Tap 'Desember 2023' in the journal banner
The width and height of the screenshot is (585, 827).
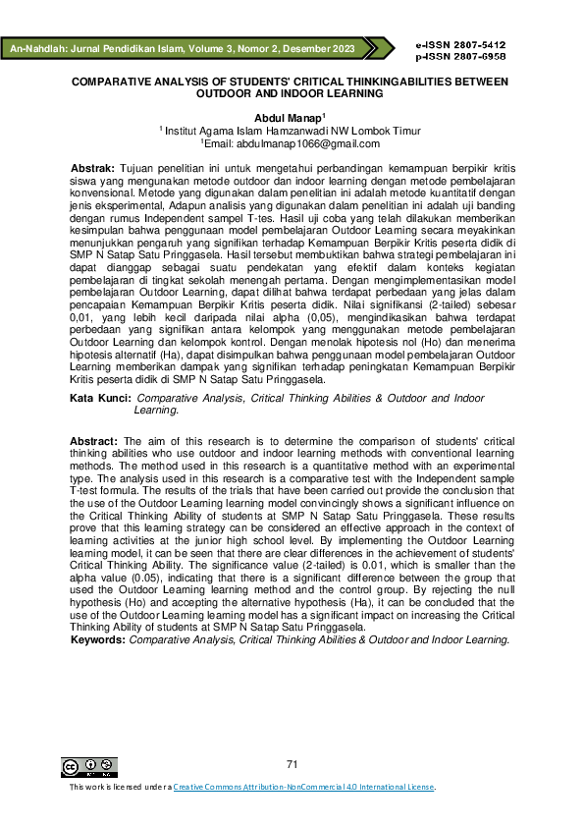point(321,47)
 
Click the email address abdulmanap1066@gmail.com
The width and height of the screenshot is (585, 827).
point(297,142)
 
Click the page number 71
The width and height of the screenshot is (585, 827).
point(292,764)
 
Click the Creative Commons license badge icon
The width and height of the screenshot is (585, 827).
point(89,767)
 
